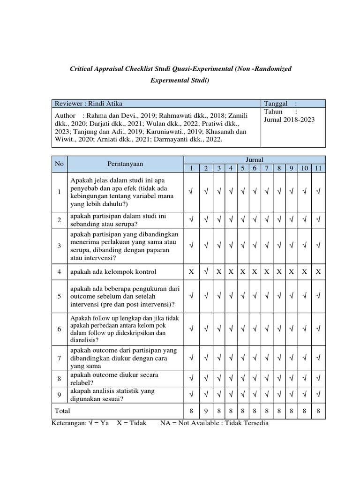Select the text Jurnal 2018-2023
tap(289, 120)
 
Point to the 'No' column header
tap(59, 164)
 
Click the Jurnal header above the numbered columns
tap(255, 160)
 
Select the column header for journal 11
tap(318, 168)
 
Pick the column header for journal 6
tap(254, 168)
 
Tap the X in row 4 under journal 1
tap(191, 271)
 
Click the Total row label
tap(63, 411)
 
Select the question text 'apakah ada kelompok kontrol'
tap(113, 272)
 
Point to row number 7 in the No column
tap(60, 358)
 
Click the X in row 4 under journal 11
tap(318, 271)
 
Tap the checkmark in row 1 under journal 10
tap(305, 191)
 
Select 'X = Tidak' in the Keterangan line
tap(132, 423)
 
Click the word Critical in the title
tap(83, 69)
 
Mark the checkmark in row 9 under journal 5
tap(242, 395)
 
